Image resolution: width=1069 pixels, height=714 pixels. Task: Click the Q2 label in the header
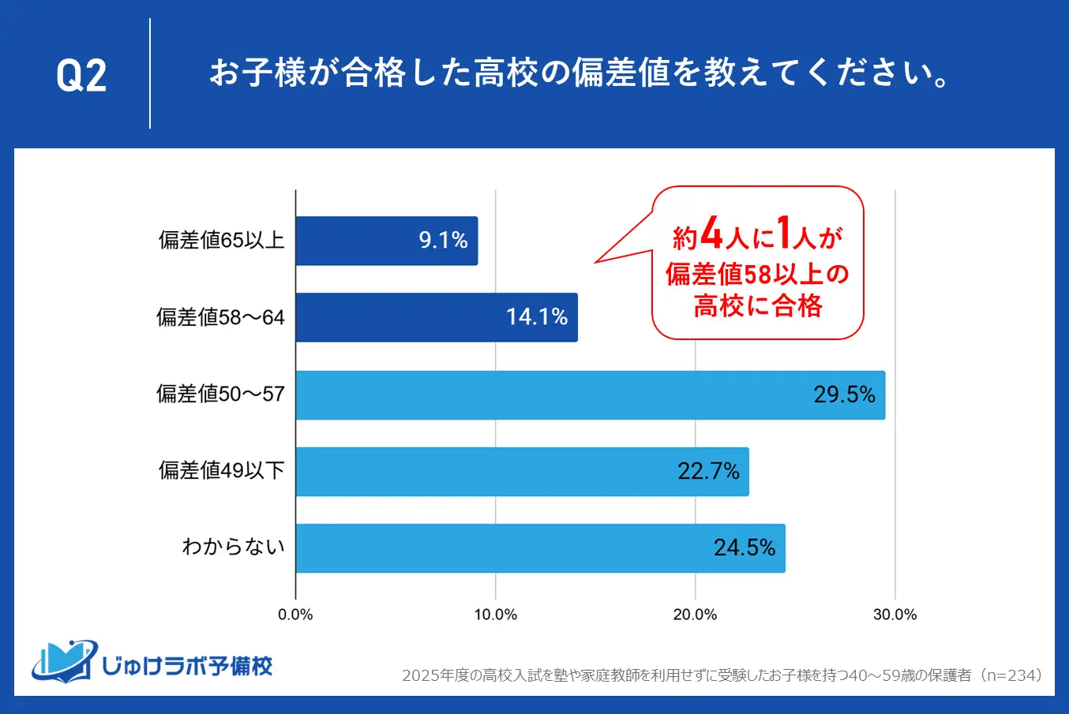pyautogui.click(x=81, y=76)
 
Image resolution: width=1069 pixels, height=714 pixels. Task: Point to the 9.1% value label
pyautogui.click(x=443, y=241)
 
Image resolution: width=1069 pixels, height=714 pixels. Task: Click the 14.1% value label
pyautogui.click(x=537, y=317)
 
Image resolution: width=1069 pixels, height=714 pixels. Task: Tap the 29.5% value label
pyautogui.click(x=844, y=394)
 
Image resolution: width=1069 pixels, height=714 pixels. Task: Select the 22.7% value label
pyautogui.click(x=708, y=472)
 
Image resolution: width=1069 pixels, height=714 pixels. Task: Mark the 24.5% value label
pyautogui.click(x=745, y=548)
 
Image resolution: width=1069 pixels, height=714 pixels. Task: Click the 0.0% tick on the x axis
pyautogui.click(x=295, y=615)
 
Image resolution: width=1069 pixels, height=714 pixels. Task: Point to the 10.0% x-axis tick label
pyautogui.click(x=495, y=615)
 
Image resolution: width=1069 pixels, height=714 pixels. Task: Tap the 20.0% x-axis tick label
pyautogui.click(x=695, y=615)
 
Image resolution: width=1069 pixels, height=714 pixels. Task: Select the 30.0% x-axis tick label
pyautogui.click(x=895, y=615)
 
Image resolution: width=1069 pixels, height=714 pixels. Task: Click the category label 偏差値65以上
pyautogui.click(x=221, y=241)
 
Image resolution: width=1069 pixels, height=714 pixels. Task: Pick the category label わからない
pyautogui.click(x=233, y=547)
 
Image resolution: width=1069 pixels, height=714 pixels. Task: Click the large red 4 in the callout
pyautogui.click(x=711, y=234)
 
